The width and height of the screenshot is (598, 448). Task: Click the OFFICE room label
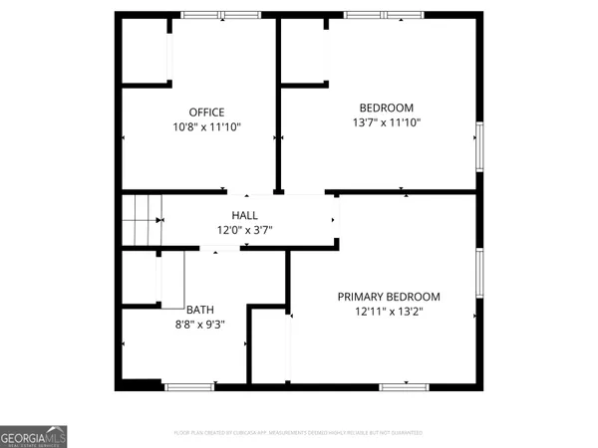[206, 112]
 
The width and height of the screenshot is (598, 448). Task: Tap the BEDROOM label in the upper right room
[386, 108]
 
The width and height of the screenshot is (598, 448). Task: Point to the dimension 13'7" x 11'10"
[386, 122]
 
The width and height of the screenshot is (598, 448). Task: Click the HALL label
[244, 215]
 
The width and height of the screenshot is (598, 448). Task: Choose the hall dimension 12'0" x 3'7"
[244, 230]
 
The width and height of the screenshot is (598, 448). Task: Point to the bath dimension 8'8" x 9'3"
[199, 324]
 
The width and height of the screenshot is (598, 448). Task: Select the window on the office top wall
[219, 15]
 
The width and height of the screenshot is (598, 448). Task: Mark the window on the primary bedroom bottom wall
[405, 385]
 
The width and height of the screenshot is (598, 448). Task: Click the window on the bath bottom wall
[189, 385]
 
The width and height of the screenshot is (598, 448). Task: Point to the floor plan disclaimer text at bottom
[299, 433]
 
